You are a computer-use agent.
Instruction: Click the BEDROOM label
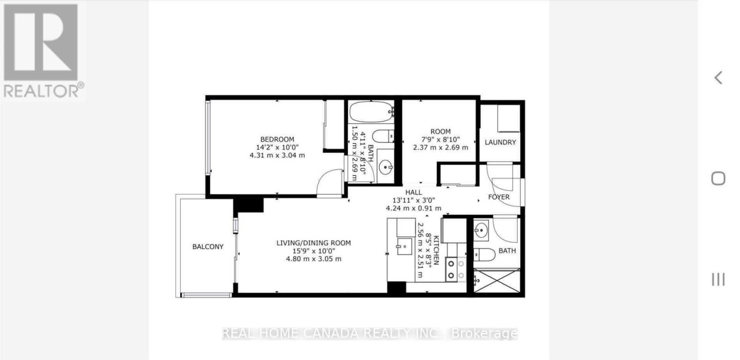(277, 139)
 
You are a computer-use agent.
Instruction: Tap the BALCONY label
(208, 247)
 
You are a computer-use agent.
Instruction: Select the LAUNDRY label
(500, 142)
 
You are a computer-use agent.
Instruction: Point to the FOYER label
(499, 197)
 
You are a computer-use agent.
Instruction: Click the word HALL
(413, 192)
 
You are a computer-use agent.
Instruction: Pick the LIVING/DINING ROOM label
(314, 243)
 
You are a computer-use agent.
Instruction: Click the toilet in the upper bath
(383, 137)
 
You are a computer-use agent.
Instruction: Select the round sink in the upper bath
(385, 166)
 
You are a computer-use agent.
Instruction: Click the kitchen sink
(404, 246)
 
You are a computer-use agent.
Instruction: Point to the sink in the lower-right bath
(481, 229)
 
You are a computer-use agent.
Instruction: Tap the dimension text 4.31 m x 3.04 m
(277, 155)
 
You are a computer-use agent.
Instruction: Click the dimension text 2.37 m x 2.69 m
(440, 148)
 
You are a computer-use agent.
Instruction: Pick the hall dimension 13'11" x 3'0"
(413, 200)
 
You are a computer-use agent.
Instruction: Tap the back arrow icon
(718, 77)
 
